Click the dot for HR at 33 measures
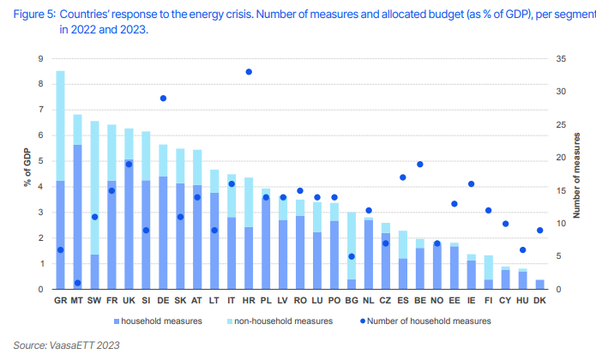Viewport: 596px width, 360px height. click(249, 72)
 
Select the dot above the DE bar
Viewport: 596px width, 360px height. click(163, 99)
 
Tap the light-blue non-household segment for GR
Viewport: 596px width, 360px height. click(60, 126)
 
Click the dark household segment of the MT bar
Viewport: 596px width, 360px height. click(77, 217)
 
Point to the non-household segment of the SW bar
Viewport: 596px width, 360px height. click(94, 188)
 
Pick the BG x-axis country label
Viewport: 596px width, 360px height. click(352, 300)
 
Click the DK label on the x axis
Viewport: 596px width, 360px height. click(539, 300)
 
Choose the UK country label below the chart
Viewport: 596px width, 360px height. click(129, 300)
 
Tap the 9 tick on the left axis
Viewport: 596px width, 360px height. click(40, 59)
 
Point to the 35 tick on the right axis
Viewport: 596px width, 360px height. click(561, 59)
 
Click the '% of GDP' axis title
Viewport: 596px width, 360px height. click(27, 167)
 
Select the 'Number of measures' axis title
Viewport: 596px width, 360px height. click(576, 176)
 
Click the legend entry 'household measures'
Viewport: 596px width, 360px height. click(158, 321)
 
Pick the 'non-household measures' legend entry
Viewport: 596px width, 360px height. click(280, 321)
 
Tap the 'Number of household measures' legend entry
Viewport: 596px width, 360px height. click(425, 321)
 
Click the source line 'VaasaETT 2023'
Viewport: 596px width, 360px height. click(84, 345)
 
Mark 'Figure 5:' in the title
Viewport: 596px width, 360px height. click(34, 15)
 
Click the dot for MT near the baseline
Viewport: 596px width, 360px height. click(77, 283)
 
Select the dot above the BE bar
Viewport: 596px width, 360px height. click(419, 165)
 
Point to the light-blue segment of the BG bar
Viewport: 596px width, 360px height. click(352, 246)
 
